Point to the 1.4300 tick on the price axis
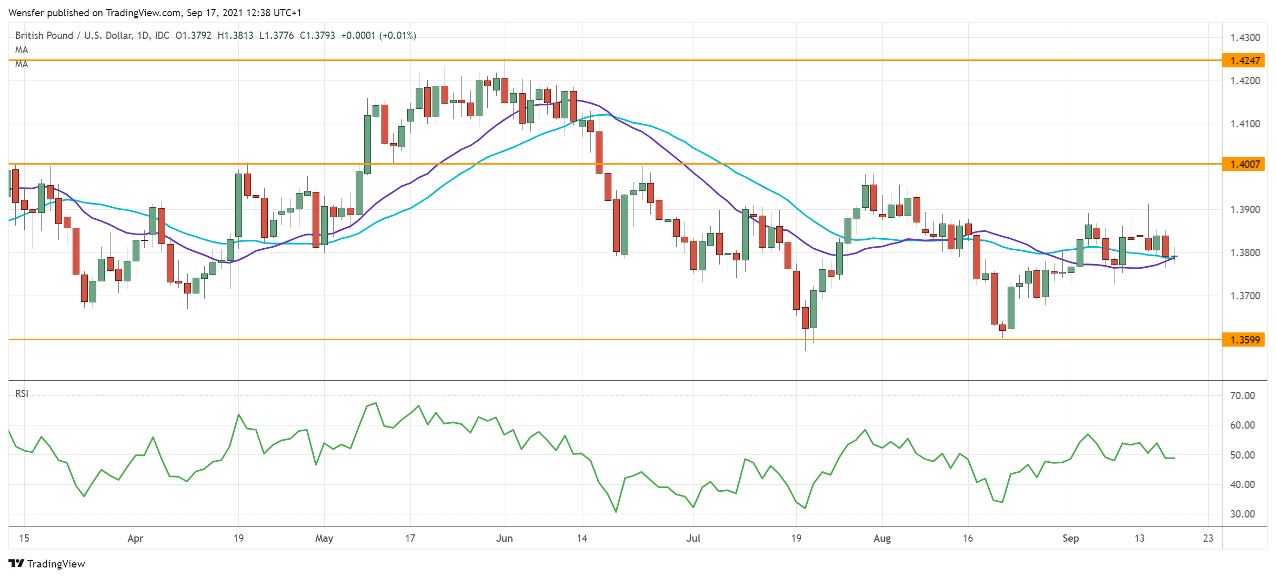click(x=1245, y=37)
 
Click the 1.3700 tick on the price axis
click(x=1245, y=296)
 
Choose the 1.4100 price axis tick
click(x=1245, y=124)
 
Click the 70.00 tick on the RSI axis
click(x=1242, y=396)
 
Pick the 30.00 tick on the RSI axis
click(x=1242, y=514)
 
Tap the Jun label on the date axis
click(x=504, y=539)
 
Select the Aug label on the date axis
click(x=882, y=539)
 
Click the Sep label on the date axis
click(x=1070, y=539)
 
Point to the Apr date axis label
click(x=135, y=539)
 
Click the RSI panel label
click(x=22, y=393)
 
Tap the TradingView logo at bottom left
click(x=47, y=564)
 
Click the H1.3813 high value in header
click(x=235, y=36)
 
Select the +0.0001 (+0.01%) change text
click(x=378, y=36)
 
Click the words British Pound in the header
click(x=44, y=36)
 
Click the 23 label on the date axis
click(x=1208, y=539)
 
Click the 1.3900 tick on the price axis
click(x=1245, y=210)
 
